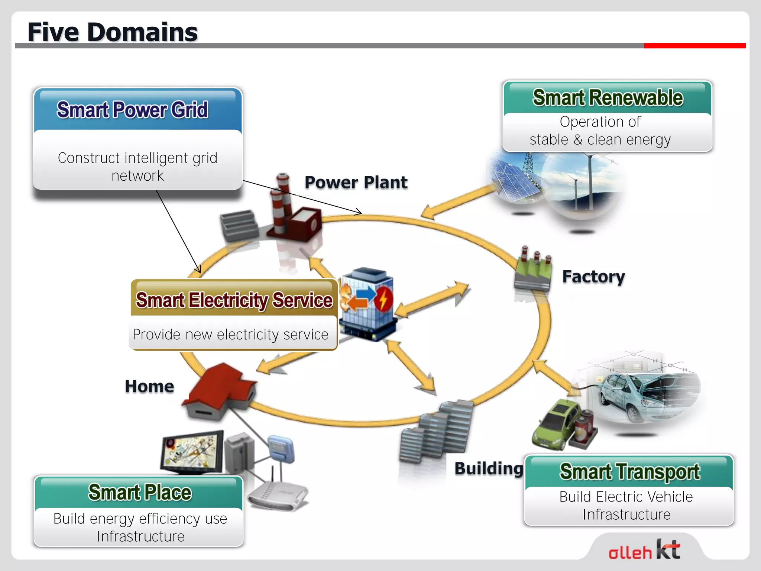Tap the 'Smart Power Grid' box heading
tap(132, 110)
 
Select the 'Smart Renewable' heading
tap(608, 98)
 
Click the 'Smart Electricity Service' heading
tap(234, 300)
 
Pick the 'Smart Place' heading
tap(140, 492)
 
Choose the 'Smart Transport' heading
tap(629, 471)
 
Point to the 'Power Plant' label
tap(356, 183)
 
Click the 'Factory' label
tap(593, 277)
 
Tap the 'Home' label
tap(149, 387)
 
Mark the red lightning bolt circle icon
tap(383, 299)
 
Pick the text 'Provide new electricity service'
tap(230, 335)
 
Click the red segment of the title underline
tap(694, 46)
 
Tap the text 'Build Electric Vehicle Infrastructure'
tap(626, 506)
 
